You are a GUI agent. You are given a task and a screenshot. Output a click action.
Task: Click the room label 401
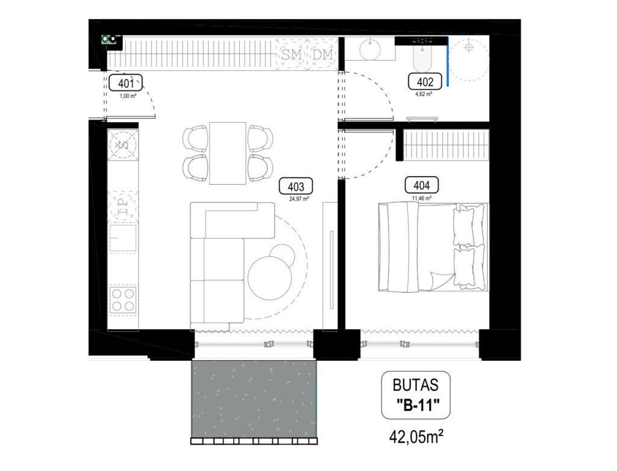[125, 83]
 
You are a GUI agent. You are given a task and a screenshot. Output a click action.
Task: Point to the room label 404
[421, 185]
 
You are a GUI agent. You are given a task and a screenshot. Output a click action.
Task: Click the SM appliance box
[292, 55]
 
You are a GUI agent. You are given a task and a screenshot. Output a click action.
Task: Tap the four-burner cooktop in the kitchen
[123, 299]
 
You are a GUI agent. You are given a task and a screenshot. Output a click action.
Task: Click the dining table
[228, 153]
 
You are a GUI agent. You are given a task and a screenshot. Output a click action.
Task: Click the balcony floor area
[254, 399]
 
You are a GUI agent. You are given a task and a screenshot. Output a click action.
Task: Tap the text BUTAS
[415, 384]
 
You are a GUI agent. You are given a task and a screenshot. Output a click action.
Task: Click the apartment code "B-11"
[415, 405]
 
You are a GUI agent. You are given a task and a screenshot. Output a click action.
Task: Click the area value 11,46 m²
[421, 197]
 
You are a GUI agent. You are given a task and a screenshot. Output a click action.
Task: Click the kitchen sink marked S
[123, 144]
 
